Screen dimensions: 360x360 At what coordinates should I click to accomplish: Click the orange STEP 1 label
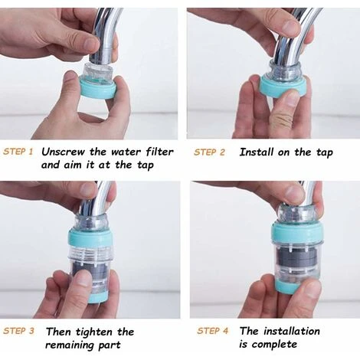pos(18,152)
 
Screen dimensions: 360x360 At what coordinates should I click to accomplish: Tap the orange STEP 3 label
pos(18,331)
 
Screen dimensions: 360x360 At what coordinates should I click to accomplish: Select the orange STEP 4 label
pos(212,331)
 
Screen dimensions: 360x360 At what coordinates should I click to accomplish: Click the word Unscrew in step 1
pos(64,152)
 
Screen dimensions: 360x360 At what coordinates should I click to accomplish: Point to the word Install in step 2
pos(257,152)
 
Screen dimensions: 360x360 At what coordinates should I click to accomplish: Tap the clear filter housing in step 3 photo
pos(91,264)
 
